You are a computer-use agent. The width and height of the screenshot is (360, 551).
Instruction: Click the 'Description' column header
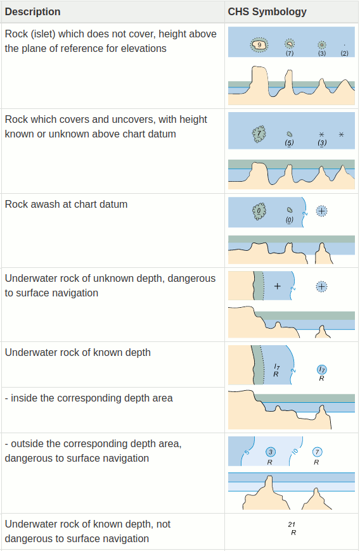[x=33, y=11]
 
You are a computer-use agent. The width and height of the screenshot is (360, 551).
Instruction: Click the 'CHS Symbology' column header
[x=267, y=11]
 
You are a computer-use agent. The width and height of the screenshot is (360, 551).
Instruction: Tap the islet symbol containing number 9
[x=259, y=44]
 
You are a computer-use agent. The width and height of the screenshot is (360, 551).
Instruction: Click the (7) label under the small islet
[x=290, y=53]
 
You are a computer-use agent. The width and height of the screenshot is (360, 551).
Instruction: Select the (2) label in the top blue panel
[x=345, y=53]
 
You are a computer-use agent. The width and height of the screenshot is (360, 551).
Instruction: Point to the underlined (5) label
[x=290, y=143]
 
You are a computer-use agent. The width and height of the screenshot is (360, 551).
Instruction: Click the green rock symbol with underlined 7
[x=259, y=134]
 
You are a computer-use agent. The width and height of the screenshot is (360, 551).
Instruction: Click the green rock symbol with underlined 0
[x=259, y=211]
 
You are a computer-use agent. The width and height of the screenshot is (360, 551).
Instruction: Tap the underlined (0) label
[x=290, y=220]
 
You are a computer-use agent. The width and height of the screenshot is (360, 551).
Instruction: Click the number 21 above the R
[x=292, y=524]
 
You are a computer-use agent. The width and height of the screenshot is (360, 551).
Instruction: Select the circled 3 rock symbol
[x=271, y=452]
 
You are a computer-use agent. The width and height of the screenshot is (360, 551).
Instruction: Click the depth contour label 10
[x=295, y=452]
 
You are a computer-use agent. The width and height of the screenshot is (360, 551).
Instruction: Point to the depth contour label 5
[x=247, y=452]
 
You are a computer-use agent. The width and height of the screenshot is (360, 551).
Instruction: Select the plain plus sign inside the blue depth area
[x=278, y=286]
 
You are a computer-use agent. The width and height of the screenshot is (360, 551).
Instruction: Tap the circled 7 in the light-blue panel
[x=317, y=452]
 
